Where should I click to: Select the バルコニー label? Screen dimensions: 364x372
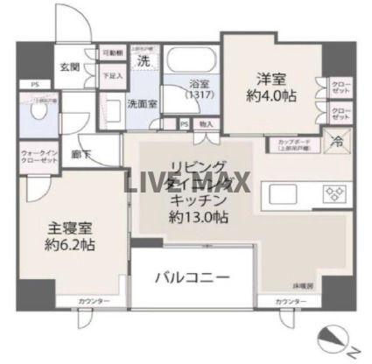[x=193, y=278]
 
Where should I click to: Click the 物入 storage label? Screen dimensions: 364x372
[x=206, y=125]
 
